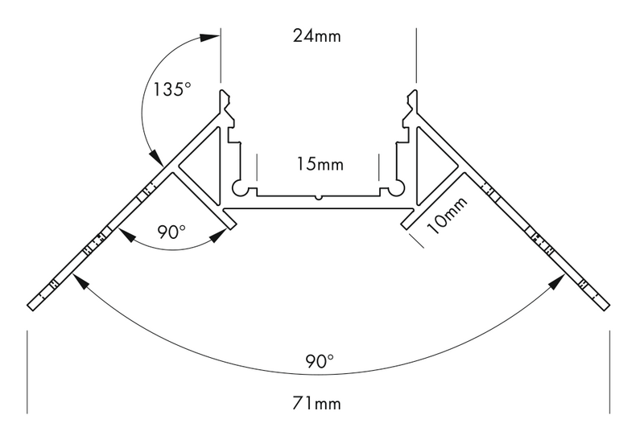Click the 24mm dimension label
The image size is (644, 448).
[318, 35]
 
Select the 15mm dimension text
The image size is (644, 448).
[319, 165]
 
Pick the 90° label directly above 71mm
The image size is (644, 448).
[320, 361]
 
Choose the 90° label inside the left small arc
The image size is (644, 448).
[171, 232]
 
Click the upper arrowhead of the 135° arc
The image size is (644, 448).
[211, 35]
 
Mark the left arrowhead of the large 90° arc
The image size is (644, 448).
[76, 278]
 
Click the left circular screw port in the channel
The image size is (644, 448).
[240, 189]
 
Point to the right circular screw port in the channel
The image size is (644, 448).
[397, 189]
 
